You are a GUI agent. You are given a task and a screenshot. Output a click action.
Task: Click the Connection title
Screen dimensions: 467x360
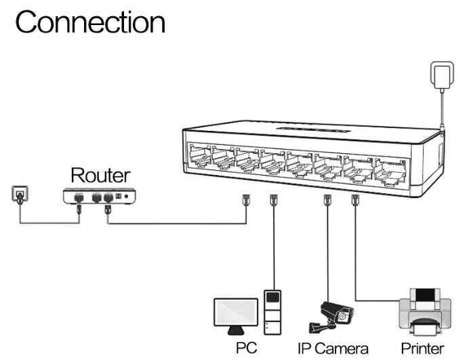[x=90, y=22]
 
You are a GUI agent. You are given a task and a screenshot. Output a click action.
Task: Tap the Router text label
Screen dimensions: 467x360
[x=100, y=175]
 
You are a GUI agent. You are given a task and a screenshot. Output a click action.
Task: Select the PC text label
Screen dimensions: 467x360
[x=246, y=348]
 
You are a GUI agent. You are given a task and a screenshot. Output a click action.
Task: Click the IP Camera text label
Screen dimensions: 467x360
[x=333, y=348]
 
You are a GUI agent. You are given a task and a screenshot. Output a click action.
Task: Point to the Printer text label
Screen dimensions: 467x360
[x=422, y=348]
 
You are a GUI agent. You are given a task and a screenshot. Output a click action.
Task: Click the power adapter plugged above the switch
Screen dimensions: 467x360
[x=442, y=75]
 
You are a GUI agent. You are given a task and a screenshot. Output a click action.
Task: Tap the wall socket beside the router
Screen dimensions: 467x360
[x=20, y=195]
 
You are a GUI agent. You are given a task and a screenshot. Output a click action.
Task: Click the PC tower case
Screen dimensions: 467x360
[x=272, y=312]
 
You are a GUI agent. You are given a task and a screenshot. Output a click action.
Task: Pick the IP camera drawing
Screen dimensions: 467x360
[x=331, y=317]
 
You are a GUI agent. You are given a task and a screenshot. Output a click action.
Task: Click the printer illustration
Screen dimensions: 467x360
[x=425, y=312]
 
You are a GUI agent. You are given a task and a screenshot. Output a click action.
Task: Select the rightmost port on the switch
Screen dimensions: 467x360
[x=390, y=173]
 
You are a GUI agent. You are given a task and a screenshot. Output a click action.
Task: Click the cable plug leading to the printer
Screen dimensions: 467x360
[x=354, y=199]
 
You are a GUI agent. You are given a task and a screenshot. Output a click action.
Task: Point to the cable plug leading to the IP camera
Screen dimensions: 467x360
[x=327, y=200]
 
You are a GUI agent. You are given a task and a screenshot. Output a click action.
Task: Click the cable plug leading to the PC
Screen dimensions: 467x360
[x=273, y=200]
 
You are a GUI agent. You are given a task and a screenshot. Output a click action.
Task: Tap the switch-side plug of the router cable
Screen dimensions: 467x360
[x=246, y=200]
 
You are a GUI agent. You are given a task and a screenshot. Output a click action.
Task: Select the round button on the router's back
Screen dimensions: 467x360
[x=126, y=197]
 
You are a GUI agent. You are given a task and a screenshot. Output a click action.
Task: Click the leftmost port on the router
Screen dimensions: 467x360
[x=79, y=197]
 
